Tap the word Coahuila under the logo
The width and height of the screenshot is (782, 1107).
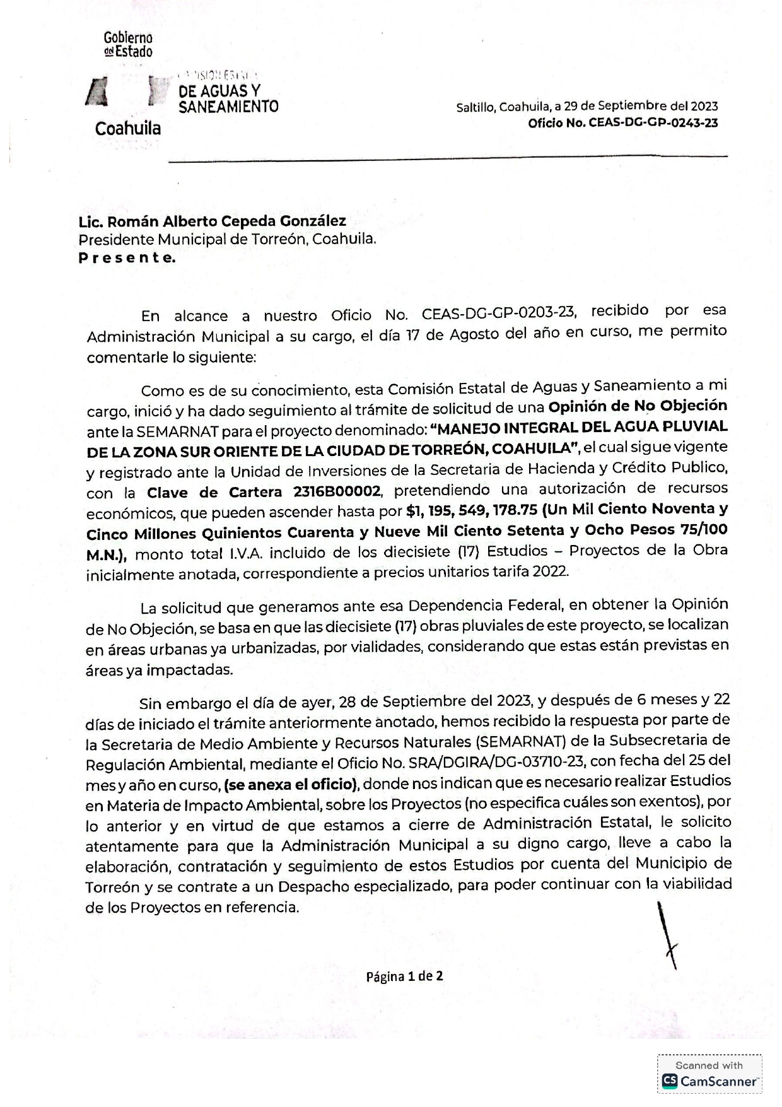tap(128, 129)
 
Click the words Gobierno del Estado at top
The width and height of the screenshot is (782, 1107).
tap(128, 45)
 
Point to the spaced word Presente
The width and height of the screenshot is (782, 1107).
tap(127, 258)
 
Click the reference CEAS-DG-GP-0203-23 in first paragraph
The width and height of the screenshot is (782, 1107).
tap(498, 313)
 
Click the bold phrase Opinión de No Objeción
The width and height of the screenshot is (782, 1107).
tap(638, 406)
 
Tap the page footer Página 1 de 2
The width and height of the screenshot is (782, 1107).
tap(405, 976)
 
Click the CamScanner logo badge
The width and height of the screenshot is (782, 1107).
tap(709, 1081)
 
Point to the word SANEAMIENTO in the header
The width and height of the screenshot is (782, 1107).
tap(228, 107)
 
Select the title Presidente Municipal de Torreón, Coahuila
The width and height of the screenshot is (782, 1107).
tap(227, 240)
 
